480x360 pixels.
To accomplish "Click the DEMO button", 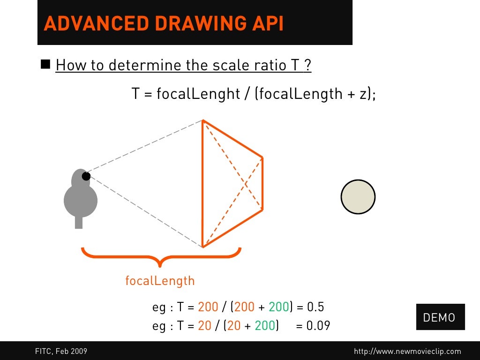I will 439,317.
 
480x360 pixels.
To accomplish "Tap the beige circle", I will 358,197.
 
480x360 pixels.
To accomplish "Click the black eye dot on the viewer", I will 86,176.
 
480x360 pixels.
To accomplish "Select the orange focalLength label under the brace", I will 159,281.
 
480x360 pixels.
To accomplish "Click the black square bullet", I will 46,64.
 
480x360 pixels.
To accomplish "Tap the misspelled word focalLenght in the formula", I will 198,94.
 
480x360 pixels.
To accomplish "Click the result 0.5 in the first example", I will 315,307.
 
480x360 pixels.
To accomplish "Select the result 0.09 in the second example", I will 318,325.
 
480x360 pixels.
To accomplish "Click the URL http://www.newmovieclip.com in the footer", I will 407,351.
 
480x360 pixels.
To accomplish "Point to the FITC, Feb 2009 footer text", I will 61,351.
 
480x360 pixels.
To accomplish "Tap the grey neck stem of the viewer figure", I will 79,223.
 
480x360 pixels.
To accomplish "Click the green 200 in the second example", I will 264,325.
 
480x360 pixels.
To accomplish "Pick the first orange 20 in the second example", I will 205,325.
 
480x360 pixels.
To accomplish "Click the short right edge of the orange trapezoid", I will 262,183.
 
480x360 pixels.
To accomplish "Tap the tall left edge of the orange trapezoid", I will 202,184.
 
